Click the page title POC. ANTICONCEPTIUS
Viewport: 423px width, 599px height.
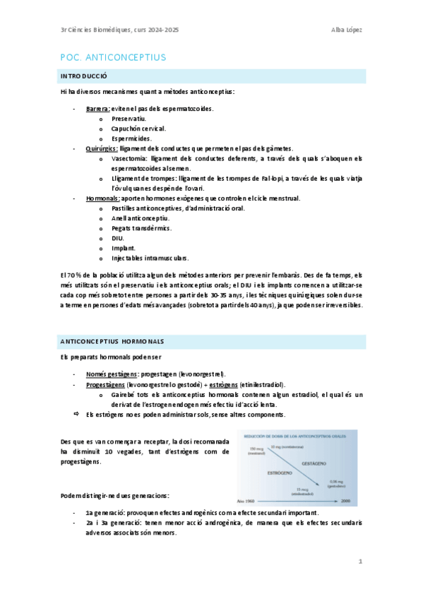[x=113, y=57]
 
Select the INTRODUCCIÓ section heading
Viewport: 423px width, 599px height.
[x=84, y=76]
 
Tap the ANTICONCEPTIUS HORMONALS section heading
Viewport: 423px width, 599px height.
[x=112, y=341]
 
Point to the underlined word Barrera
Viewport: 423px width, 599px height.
[x=97, y=109]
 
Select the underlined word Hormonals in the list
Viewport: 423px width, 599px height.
[x=102, y=198]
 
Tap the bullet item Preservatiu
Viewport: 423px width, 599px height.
[x=128, y=119]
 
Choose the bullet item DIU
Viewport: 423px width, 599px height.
[x=118, y=238]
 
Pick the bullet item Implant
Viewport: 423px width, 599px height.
[x=123, y=248]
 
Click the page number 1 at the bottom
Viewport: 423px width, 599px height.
[x=360, y=562]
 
